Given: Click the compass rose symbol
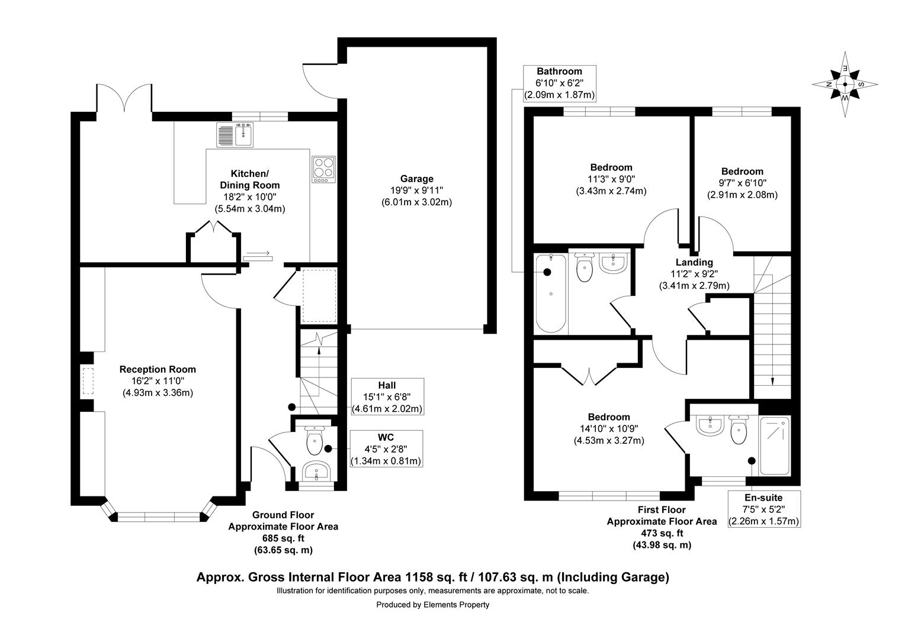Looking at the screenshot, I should (845, 83).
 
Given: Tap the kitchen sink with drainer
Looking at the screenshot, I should (235, 134).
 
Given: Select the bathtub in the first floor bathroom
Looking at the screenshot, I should (551, 293).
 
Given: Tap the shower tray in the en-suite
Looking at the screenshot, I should (775, 446).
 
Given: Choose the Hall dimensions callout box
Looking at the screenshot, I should (387, 396).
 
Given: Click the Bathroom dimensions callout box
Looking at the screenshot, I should (559, 83).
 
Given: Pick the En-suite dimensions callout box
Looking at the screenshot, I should (763, 509).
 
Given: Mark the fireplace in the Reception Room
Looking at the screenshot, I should (88, 380).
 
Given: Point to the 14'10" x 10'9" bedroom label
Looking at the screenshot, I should (608, 428).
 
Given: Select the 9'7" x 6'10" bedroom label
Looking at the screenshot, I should (742, 183).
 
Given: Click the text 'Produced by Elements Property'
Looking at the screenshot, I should (432, 605).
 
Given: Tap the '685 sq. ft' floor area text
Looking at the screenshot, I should (283, 538).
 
